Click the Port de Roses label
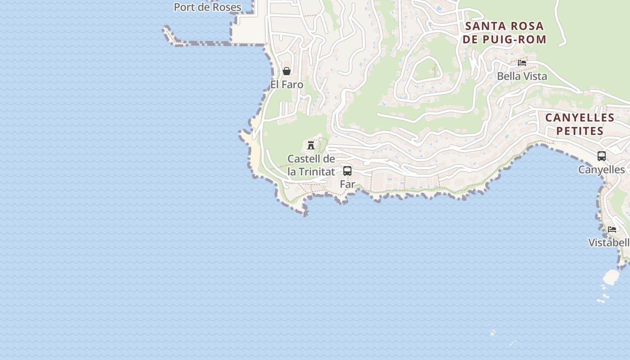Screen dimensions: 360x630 click(207, 7)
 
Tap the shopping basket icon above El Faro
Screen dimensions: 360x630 click(287, 71)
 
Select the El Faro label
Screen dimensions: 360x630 click(287, 85)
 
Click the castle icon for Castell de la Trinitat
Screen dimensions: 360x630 click(310, 145)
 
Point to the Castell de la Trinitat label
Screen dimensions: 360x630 click(311, 165)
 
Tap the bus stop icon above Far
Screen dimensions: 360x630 click(347, 171)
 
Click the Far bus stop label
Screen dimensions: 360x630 click(347, 184)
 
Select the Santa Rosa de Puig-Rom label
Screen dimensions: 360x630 click(504, 32)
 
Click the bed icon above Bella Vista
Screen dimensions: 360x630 click(522, 63)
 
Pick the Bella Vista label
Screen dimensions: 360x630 click(522, 76)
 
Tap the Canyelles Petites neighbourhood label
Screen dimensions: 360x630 click(580, 124)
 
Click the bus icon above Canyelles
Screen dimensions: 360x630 click(602, 156)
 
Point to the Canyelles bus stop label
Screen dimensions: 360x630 click(602, 170)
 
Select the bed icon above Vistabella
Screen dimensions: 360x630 click(612, 229)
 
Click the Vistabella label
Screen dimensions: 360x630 click(609, 243)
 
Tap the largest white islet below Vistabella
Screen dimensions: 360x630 click(611, 277)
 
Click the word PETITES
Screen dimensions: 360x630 click(580, 131)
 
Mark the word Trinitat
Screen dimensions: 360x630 click(317, 171)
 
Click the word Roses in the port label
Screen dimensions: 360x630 click(226, 7)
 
